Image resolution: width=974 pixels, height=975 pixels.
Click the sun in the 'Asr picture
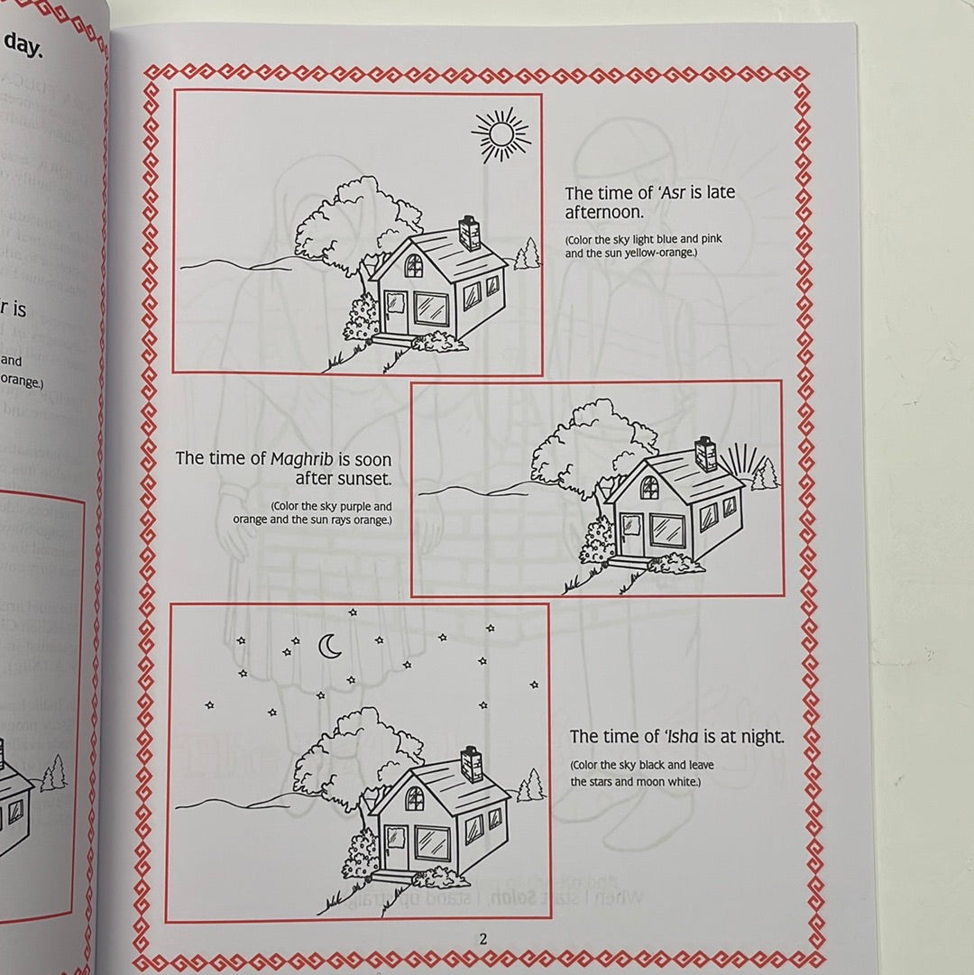pyautogui.click(x=499, y=135)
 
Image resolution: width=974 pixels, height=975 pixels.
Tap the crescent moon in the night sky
pyautogui.click(x=331, y=646)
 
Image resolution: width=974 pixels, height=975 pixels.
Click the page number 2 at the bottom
pyautogui.click(x=482, y=939)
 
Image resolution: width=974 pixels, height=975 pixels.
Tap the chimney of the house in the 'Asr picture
pyautogui.click(x=470, y=233)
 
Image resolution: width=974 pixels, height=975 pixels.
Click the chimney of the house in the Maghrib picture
pyautogui.click(x=705, y=454)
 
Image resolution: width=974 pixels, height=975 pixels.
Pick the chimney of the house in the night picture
pyautogui.click(x=472, y=764)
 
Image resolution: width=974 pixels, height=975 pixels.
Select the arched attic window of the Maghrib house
pyautogui.click(x=648, y=487)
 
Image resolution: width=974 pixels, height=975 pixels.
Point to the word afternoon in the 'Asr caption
pyautogui.click(x=603, y=213)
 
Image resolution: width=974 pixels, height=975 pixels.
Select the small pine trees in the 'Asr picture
pyautogui.click(x=527, y=254)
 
